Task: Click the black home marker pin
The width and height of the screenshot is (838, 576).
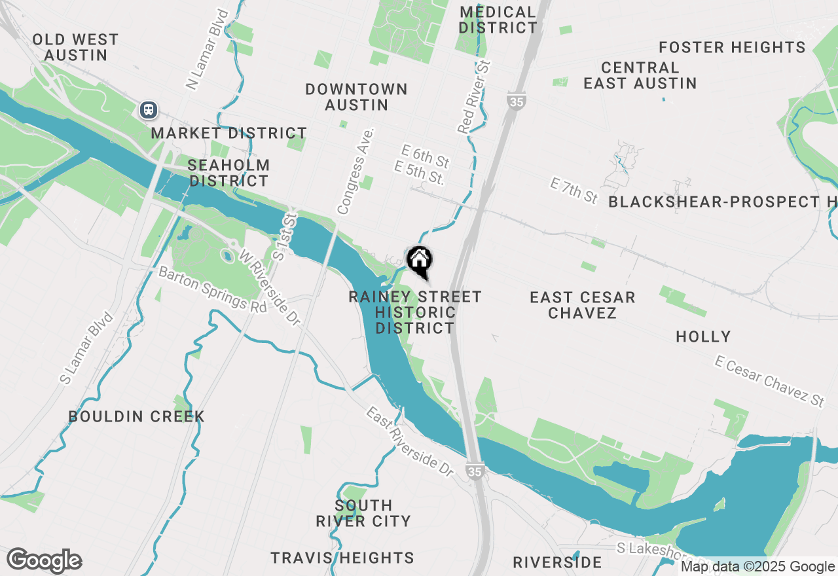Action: click(x=419, y=261)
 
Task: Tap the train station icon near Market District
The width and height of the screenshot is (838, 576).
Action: click(x=149, y=109)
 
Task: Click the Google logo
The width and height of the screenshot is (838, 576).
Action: click(x=45, y=561)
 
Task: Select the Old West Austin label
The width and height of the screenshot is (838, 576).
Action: click(x=75, y=48)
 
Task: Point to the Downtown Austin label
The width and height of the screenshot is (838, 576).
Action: click(x=356, y=97)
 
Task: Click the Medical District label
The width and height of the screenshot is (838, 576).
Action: click(x=498, y=20)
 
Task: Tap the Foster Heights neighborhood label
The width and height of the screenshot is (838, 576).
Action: click(x=732, y=48)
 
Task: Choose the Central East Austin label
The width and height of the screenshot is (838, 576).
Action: click(x=640, y=75)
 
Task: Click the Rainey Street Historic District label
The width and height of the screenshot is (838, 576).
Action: click(x=415, y=312)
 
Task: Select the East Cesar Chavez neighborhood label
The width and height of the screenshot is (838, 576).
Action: click(x=582, y=305)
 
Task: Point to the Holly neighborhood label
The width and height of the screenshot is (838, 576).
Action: click(x=703, y=337)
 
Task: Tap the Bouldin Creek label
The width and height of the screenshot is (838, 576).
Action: click(x=136, y=417)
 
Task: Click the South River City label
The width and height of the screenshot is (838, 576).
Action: click(x=363, y=513)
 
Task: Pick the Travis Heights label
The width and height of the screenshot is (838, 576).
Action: click(x=342, y=558)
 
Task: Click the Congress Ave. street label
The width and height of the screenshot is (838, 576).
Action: click(x=355, y=171)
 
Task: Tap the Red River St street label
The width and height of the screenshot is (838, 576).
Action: click(x=475, y=98)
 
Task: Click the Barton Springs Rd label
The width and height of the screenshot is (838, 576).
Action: click(x=213, y=289)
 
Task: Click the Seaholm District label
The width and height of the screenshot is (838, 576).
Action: click(x=228, y=173)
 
